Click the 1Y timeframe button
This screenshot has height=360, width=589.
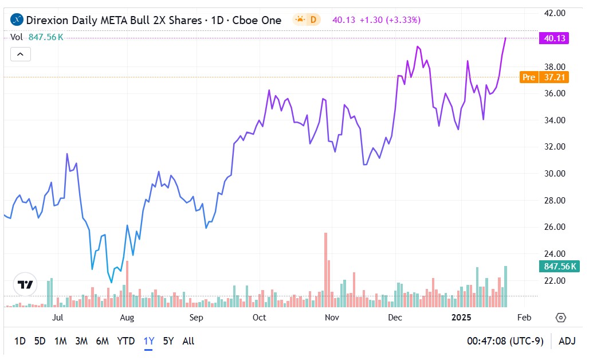click(x=149, y=341)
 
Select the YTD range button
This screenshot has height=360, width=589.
click(x=126, y=341)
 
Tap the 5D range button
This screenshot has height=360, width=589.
click(x=40, y=341)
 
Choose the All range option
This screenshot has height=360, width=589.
click(x=188, y=341)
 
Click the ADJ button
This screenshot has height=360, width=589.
click(x=567, y=341)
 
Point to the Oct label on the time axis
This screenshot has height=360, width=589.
click(x=260, y=317)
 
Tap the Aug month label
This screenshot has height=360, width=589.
click(x=127, y=317)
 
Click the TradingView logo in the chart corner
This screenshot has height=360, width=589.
click(x=25, y=284)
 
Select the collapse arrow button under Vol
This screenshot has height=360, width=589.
click(x=20, y=54)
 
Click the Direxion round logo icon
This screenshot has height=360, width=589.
click(x=17, y=20)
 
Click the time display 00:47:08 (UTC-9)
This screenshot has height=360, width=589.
click(x=506, y=341)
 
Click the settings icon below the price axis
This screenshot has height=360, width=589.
click(x=561, y=318)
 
